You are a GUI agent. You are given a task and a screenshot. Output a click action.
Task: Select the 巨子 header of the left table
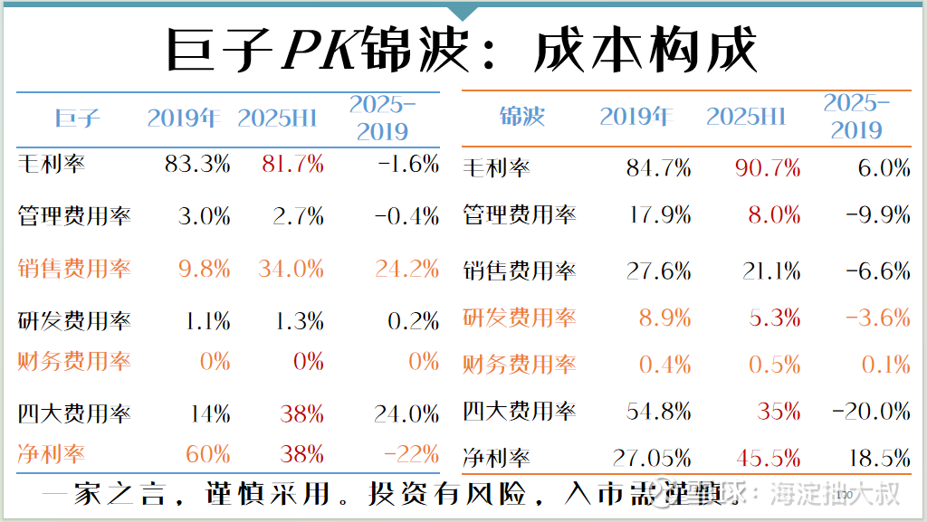click(x=77, y=118)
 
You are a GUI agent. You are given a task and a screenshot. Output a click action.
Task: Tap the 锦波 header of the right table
click(x=522, y=117)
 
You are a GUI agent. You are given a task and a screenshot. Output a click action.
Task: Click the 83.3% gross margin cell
click(x=197, y=164)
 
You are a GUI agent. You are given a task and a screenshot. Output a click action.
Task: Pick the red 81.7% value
click(x=292, y=164)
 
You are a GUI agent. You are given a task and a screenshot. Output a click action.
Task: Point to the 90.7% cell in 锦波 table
click(x=767, y=167)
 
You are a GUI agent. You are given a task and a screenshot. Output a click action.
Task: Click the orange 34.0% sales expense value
click(x=292, y=269)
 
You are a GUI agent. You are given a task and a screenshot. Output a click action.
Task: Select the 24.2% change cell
click(x=406, y=269)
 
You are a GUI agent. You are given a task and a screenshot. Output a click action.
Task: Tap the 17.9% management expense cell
click(x=658, y=214)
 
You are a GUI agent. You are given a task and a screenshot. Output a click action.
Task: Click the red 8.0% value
click(x=774, y=214)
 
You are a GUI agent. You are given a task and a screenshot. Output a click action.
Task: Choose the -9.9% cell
click(x=877, y=214)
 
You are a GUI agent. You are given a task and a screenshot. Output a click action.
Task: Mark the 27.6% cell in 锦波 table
click(x=658, y=270)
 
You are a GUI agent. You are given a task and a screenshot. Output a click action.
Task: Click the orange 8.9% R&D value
click(x=665, y=318)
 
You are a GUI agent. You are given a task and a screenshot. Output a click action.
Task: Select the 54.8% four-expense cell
click(x=658, y=412)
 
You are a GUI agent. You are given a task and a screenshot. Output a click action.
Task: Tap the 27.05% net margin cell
click(x=652, y=458)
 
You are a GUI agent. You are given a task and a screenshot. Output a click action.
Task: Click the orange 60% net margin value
click(x=208, y=453)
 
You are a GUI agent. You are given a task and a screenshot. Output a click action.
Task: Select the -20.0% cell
click(x=870, y=412)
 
